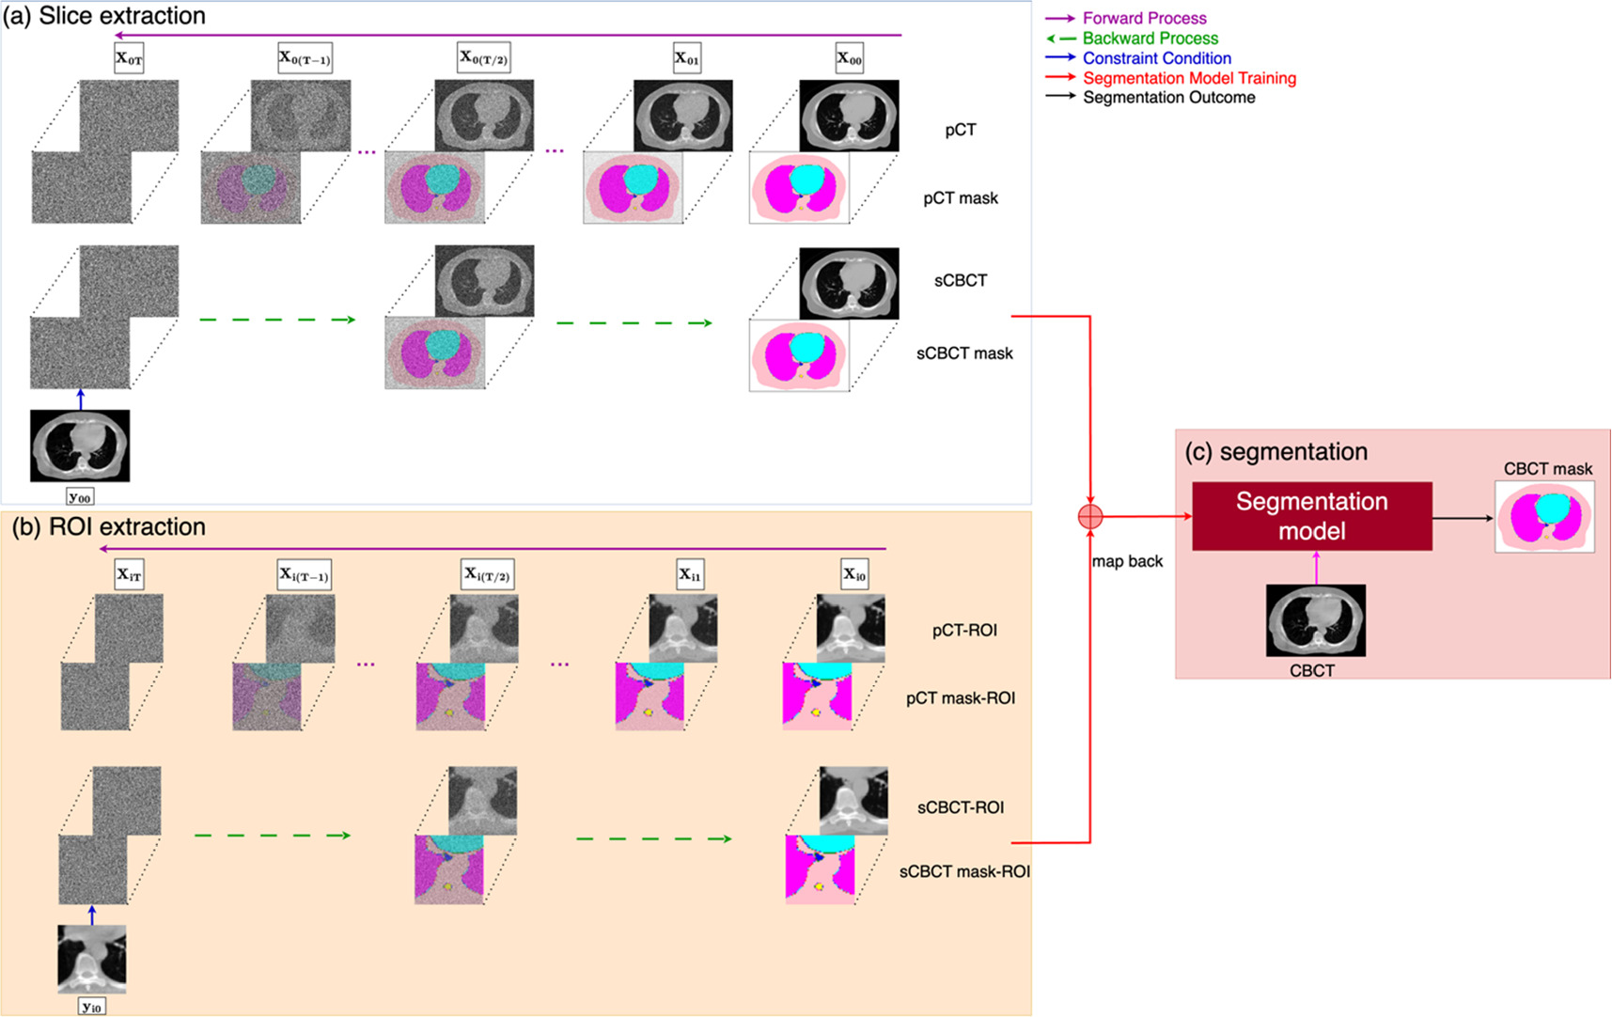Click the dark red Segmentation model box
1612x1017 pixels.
pyautogui.click(x=1311, y=516)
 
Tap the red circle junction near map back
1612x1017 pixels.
pyautogui.click(x=1089, y=516)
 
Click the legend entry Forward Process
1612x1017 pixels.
pyautogui.click(x=1144, y=18)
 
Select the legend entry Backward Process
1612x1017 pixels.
pyautogui.click(x=1150, y=39)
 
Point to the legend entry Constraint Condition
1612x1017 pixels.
pyautogui.click(x=1156, y=58)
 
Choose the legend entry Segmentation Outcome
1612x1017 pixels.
pyautogui.click(x=1168, y=98)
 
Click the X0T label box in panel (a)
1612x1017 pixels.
pyautogui.click(x=129, y=58)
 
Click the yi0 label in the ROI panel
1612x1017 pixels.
pyautogui.click(x=91, y=1007)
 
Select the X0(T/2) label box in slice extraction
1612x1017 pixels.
pyautogui.click(x=483, y=58)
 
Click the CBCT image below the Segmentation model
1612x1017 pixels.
pyautogui.click(x=1315, y=620)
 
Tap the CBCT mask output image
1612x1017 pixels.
pyautogui.click(x=1544, y=517)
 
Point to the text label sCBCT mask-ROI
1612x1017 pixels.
pyautogui.click(x=964, y=871)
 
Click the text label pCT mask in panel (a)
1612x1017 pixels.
pyautogui.click(x=960, y=198)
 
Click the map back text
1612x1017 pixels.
pyautogui.click(x=1127, y=561)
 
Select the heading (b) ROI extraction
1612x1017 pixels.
pyautogui.click(x=109, y=527)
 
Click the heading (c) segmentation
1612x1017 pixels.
pyautogui.click(x=1276, y=452)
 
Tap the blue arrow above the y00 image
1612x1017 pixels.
pyautogui.click(x=80, y=399)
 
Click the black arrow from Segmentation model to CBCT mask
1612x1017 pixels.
pyautogui.click(x=1463, y=518)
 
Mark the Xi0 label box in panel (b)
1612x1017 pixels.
pyautogui.click(x=853, y=574)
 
